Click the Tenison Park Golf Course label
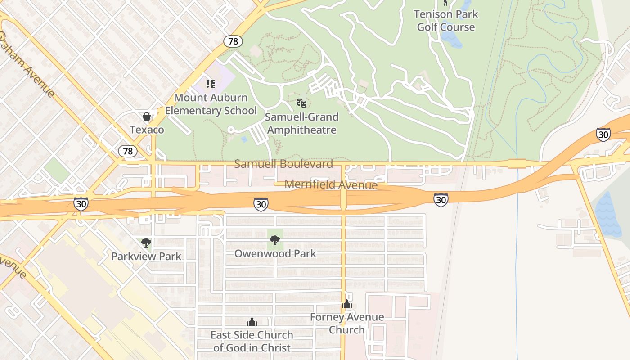(x=445, y=21)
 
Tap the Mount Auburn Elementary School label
(x=211, y=104)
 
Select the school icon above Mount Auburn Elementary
(x=211, y=84)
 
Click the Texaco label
(x=147, y=130)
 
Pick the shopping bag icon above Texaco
(x=147, y=117)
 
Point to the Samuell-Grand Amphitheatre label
(x=301, y=124)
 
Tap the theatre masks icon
(x=301, y=104)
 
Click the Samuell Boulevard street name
(x=283, y=164)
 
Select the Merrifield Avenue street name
(x=331, y=184)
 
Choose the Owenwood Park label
(x=275, y=253)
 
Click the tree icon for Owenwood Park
(x=275, y=240)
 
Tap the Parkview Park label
(x=146, y=256)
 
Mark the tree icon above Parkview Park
(x=146, y=243)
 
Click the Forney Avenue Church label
(x=347, y=323)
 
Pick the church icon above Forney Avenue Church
(x=347, y=304)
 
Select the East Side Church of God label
(x=252, y=341)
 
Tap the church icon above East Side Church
(x=252, y=322)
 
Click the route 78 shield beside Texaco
(x=128, y=151)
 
